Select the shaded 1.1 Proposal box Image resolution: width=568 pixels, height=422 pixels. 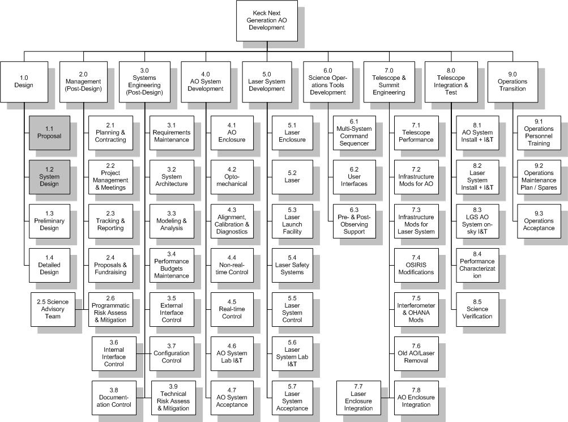click(50, 133)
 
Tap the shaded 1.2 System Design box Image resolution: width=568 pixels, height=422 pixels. click(50, 176)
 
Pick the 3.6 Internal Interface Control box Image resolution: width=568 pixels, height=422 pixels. click(114, 353)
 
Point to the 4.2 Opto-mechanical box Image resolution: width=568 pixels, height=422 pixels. click(232, 176)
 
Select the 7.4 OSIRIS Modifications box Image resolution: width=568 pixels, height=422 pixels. click(416, 265)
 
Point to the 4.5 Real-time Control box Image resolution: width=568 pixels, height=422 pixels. click(232, 309)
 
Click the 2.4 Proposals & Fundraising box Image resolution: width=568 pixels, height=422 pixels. click(110, 265)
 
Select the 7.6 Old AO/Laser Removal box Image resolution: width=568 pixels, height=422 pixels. click(416, 353)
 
